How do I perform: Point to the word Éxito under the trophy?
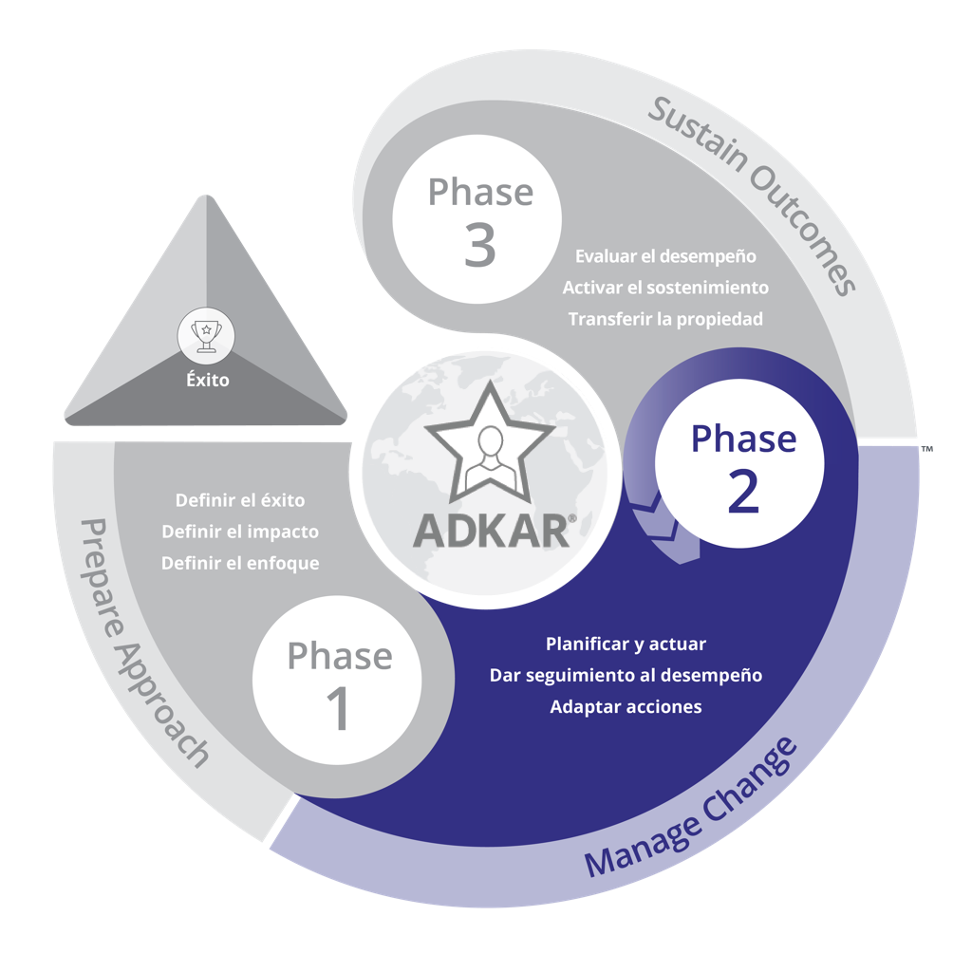pos(207,382)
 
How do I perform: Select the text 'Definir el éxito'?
pos(240,500)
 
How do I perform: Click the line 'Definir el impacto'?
pos(240,532)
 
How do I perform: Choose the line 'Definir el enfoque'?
pos(240,563)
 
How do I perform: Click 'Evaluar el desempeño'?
pos(665,256)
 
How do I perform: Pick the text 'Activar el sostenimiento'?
pos(665,288)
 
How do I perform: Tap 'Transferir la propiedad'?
pos(665,319)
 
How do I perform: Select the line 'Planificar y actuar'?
pos(626,644)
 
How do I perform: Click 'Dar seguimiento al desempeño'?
pos(626,675)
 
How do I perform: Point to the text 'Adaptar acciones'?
pos(626,706)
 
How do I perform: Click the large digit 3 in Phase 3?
pos(480,245)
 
